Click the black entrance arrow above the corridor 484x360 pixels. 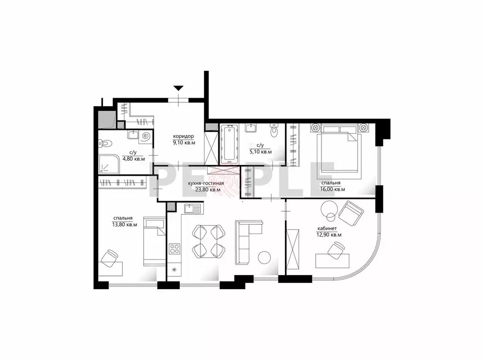pyautogui.click(x=178, y=88)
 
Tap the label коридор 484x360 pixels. pyautogui.click(x=183, y=136)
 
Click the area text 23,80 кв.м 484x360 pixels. pyautogui.click(x=208, y=190)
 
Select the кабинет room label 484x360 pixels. pyautogui.click(x=327, y=229)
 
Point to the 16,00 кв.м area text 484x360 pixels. pyautogui.click(x=332, y=189)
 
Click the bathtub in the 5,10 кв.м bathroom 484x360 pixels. pyautogui.click(x=229, y=143)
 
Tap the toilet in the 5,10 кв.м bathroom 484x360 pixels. pyautogui.click(x=274, y=130)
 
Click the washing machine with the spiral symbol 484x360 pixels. pyautogui.click(x=145, y=137)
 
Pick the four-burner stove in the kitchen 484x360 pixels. pyautogui.click(x=175, y=249)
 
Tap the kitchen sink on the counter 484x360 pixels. pyautogui.click(x=192, y=209)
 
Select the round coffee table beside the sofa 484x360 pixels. pyautogui.click(x=265, y=257)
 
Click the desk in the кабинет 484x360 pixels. pyautogui.click(x=332, y=261)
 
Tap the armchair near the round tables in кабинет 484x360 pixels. pyautogui.click(x=351, y=214)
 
